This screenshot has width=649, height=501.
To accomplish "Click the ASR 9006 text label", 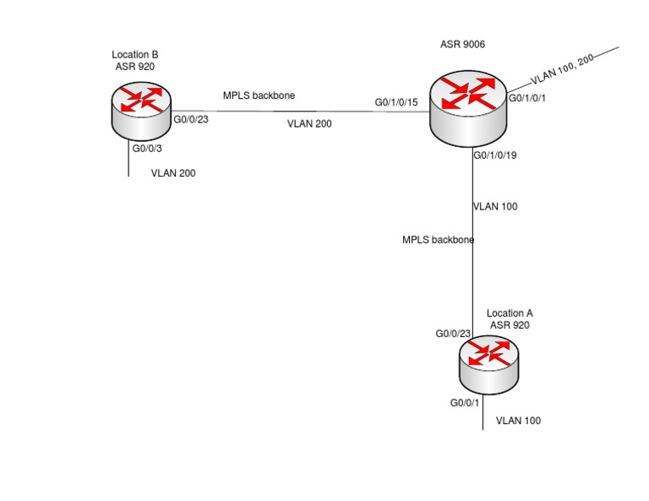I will (462, 44).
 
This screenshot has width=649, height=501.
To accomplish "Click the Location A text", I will (510, 313).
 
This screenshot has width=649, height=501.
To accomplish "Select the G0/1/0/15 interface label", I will (396, 103).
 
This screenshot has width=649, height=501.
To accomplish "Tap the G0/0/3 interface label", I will (147, 149).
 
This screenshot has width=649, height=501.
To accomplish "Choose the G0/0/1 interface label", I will (466, 404).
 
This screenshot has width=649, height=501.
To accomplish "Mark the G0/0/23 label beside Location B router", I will (191, 120).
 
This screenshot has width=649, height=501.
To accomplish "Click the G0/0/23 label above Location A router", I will (453, 334).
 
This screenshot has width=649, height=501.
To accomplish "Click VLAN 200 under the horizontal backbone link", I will (309, 123).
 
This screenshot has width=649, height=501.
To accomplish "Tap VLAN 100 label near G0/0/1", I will (518, 421).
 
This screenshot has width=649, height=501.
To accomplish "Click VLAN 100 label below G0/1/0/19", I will (495, 206).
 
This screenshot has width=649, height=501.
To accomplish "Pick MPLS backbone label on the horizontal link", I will (259, 95).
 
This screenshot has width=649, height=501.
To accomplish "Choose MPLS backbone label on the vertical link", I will (438, 240).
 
